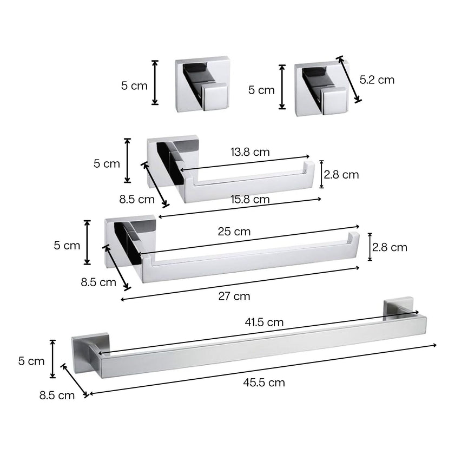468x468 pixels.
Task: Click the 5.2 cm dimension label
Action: (x=377, y=80)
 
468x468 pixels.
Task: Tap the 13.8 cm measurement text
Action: (x=250, y=152)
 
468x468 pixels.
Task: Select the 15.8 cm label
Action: (x=250, y=199)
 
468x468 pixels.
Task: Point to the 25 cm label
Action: (x=234, y=232)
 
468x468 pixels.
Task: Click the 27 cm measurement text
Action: (x=234, y=296)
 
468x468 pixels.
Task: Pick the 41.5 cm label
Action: (x=264, y=322)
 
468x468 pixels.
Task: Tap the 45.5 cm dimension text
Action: (x=264, y=383)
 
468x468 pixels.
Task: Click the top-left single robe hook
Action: (x=201, y=84)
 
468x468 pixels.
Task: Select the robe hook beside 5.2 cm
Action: (x=320, y=89)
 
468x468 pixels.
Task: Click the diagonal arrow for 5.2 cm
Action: (x=349, y=79)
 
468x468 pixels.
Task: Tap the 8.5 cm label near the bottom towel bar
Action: (x=57, y=396)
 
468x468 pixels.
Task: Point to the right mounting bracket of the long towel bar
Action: (x=399, y=308)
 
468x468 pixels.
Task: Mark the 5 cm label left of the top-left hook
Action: (x=134, y=85)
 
